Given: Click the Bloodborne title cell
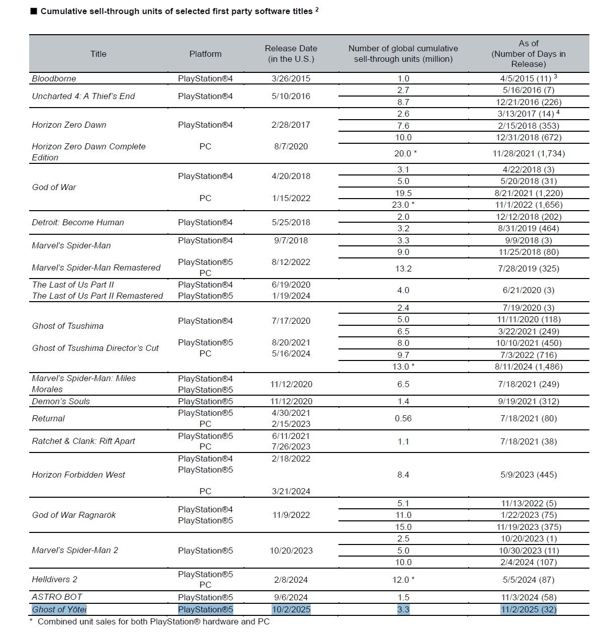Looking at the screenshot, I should pyautogui.click(x=54, y=78).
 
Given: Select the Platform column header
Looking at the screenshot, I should pyautogui.click(x=205, y=54).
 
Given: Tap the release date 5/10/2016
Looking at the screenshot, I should pyautogui.click(x=291, y=96).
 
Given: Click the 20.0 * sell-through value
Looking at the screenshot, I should pyautogui.click(x=405, y=153).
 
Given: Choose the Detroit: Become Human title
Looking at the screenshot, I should pyautogui.click(x=78, y=222).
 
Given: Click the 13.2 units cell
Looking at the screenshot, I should pyautogui.click(x=403, y=268).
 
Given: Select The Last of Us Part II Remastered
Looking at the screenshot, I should pyautogui.click(x=98, y=296).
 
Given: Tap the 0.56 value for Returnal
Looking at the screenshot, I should pyautogui.click(x=403, y=418).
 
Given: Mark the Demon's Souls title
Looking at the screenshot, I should pyautogui.click(x=61, y=401).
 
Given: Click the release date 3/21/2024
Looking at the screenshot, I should pyautogui.click(x=291, y=491).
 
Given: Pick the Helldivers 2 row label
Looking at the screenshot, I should pyautogui.click(x=55, y=579).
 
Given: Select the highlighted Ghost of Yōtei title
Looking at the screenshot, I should pyautogui.click(x=59, y=609).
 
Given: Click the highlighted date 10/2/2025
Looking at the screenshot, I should pyautogui.click(x=291, y=609).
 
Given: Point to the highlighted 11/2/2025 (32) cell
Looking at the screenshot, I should pyautogui.click(x=529, y=609).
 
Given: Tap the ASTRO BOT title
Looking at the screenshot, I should pyautogui.click(x=57, y=597).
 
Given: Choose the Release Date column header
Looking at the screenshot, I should pyautogui.click(x=291, y=54).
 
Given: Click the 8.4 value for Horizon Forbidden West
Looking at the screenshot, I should pyautogui.click(x=403, y=475).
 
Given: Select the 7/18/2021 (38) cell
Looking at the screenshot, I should pyautogui.click(x=529, y=441).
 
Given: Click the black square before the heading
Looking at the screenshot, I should pyautogui.click(x=34, y=12).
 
